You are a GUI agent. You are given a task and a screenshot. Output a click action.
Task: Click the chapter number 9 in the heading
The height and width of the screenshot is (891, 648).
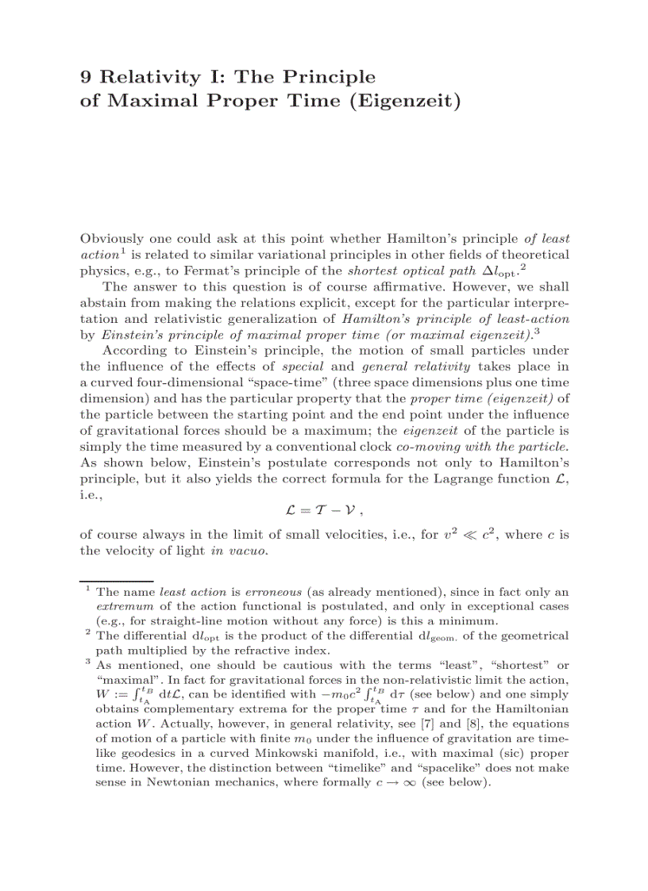click(x=87, y=77)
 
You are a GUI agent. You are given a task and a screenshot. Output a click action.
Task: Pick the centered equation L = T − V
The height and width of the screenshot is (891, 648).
click(x=324, y=511)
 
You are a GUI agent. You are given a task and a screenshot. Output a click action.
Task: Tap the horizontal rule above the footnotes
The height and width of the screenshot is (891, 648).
click(x=116, y=581)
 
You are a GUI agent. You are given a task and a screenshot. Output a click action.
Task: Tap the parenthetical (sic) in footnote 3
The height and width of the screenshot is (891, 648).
click(x=506, y=753)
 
